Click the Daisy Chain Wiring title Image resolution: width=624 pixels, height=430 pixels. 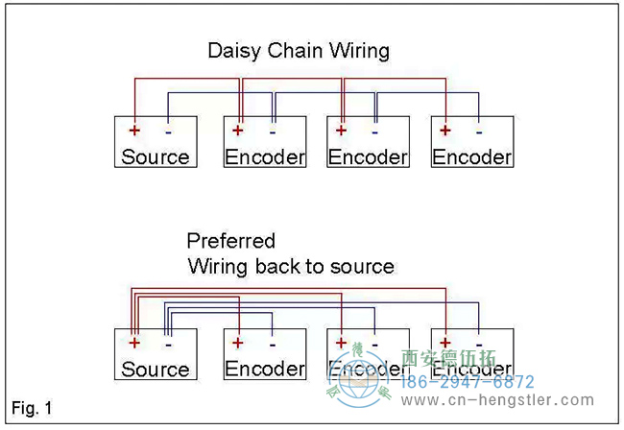pyautogui.click(x=299, y=50)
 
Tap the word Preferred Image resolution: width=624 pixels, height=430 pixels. pyautogui.click(x=230, y=241)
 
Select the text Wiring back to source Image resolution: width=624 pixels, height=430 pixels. pyautogui.click(x=291, y=266)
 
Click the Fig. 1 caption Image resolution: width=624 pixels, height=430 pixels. pyautogui.click(x=33, y=409)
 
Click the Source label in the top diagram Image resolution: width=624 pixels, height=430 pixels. pyautogui.click(x=156, y=157)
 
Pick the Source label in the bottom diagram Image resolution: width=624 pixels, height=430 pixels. pyautogui.click(x=156, y=370)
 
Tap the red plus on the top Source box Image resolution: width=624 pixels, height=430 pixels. pyautogui.click(x=135, y=131)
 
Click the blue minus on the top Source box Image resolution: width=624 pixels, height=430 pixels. pyautogui.click(x=168, y=131)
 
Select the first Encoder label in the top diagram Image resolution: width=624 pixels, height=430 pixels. pyautogui.click(x=265, y=157)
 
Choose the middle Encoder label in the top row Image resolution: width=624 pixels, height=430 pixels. pyautogui.click(x=369, y=157)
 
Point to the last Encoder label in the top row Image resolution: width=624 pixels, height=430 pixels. pyautogui.click(x=472, y=157)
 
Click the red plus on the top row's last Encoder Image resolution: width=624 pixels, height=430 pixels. pyautogui.click(x=445, y=131)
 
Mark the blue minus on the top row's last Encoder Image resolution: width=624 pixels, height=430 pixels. pyautogui.click(x=478, y=131)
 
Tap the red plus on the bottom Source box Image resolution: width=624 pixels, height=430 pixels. pyautogui.click(x=135, y=343)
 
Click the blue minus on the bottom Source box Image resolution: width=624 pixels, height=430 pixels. pyautogui.click(x=168, y=343)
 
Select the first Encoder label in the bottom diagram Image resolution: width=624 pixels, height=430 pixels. pyautogui.click(x=265, y=369)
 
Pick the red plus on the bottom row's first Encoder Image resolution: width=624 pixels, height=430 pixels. pyautogui.click(x=239, y=343)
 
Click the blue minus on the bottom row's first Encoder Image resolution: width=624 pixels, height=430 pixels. pyautogui.click(x=272, y=343)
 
